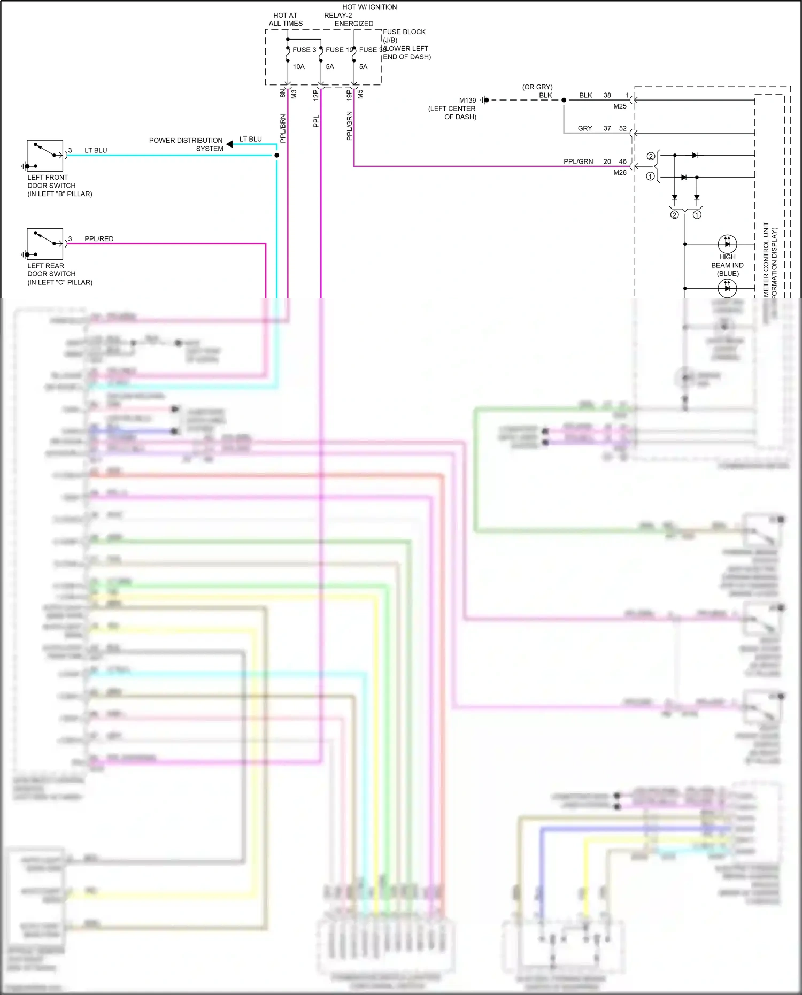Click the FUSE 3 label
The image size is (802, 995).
(x=304, y=50)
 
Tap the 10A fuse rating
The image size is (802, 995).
(x=298, y=67)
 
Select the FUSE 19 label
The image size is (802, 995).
(x=339, y=50)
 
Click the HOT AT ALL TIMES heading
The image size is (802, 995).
(x=286, y=19)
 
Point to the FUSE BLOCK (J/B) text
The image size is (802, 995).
(x=404, y=36)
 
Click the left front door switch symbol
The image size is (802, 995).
(x=45, y=156)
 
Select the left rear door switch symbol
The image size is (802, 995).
(x=45, y=244)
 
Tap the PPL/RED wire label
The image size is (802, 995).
(x=99, y=239)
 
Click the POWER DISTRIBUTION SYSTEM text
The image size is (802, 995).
(x=186, y=144)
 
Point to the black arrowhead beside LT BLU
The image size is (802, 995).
(x=229, y=144)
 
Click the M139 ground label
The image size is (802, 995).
(x=467, y=101)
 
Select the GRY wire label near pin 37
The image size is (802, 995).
(x=585, y=128)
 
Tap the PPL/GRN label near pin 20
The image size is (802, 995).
(x=578, y=161)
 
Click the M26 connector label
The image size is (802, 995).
(x=620, y=173)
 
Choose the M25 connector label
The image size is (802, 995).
(x=620, y=106)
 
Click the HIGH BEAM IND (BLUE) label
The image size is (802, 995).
(x=727, y=265)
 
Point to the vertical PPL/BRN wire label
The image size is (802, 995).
(x=283, y=128)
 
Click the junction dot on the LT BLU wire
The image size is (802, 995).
(x=276, y=155)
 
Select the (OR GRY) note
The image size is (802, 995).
(x=537, y=87)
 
